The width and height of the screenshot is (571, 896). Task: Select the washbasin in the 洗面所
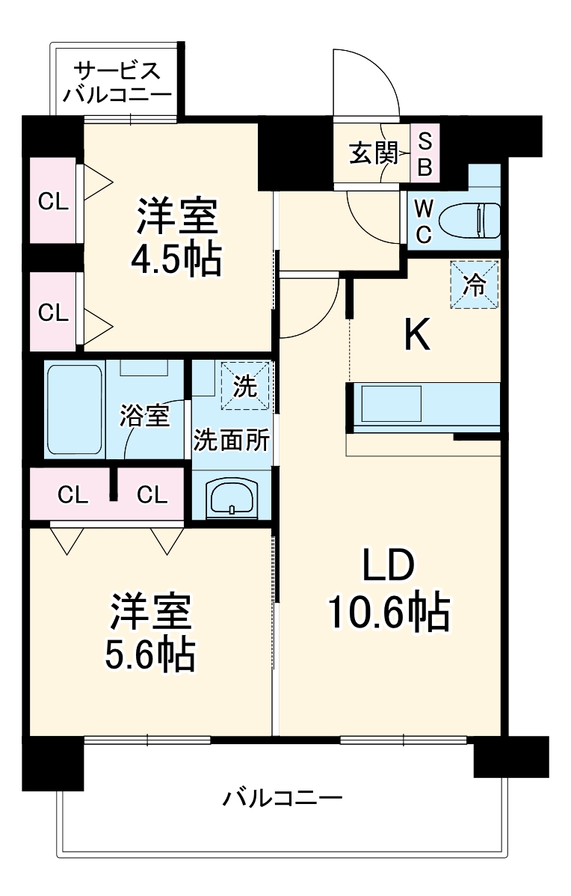[x=232, y=497]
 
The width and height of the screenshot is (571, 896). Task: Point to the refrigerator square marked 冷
[x=474, y=284]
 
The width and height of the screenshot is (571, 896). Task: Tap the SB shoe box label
[x=425, y=154]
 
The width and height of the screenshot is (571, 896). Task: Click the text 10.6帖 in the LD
[x=388, y=614]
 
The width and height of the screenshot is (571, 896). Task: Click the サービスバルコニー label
[x=117, y=83]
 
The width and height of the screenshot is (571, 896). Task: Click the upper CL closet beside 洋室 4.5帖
[x=53, y=200]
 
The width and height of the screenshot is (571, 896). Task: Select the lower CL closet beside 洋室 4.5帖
[x=53, y=312]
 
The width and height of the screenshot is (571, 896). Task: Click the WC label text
[x=423, y=221]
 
